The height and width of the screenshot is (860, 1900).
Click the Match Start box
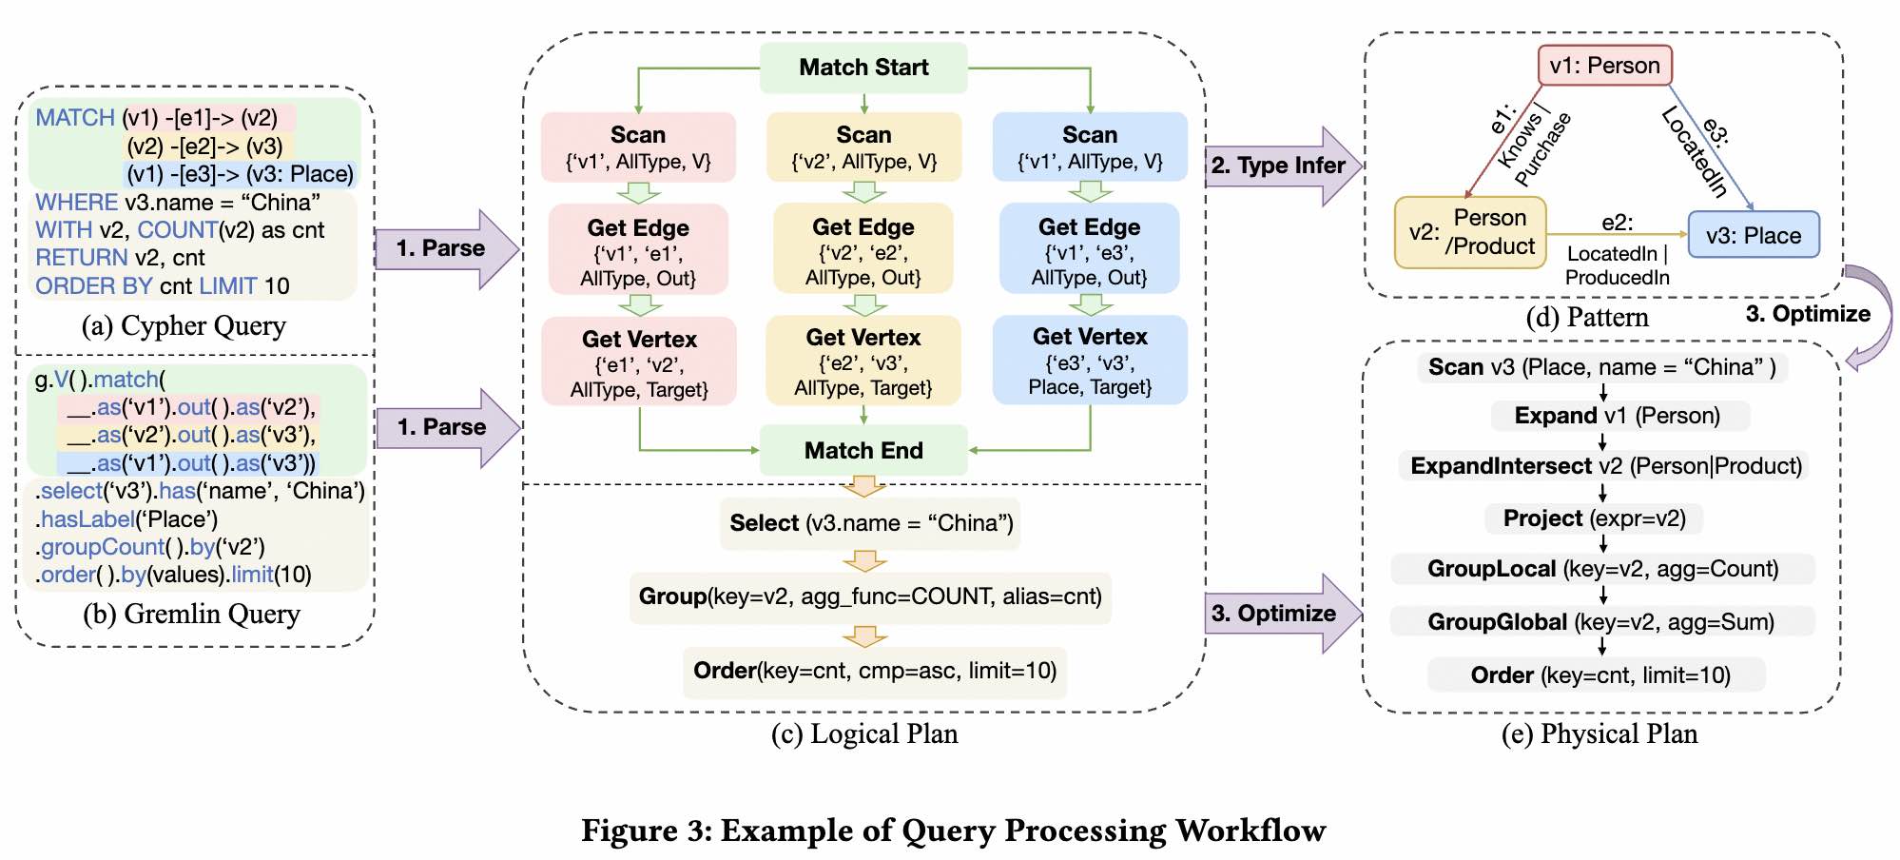(x=863, y=68)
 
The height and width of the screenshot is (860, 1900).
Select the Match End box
(x=863, y=450)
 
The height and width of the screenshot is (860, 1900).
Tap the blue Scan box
(x=1090, y=147)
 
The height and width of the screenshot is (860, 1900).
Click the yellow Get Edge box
(x=863, y=251)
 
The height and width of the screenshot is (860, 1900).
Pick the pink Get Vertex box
(x=639, y=362)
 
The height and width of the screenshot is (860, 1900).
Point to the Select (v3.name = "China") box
(x=870, y=523)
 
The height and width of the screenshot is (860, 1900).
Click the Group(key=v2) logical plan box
(x=870, y=596)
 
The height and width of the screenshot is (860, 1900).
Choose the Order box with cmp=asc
(x=875, y=672)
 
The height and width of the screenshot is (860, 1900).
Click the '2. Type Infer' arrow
(x=1280, y=166)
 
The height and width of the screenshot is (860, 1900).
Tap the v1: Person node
(x=1604, y=66)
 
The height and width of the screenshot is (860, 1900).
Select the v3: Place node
(x=1754, y=235)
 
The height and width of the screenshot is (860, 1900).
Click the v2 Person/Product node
(x=1470, y=232)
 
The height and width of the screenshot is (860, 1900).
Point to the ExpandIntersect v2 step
(x=1605, y=466)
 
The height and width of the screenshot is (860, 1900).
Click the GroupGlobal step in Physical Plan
(x=1601, y=622)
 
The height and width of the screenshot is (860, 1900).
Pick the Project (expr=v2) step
(x=1594, y=518)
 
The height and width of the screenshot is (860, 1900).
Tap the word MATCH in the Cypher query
(x=75, y=118)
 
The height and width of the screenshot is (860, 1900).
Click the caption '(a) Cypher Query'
(x=184, y=326)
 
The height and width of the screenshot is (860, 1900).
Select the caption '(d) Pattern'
(x=1587, y=318)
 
